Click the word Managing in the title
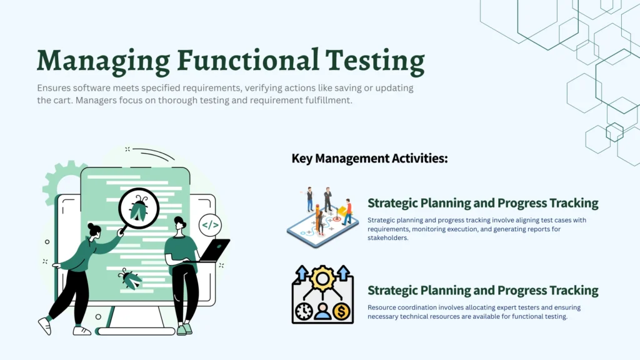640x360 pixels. coord(103,62)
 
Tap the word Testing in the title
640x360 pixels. coord(375,62)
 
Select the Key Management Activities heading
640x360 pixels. coord(369,158)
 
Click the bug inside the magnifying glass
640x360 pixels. coord(139,208)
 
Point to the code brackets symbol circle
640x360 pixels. coord(210,225)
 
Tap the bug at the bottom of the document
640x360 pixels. coord(130,279)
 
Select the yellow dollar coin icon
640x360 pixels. coord(341,312)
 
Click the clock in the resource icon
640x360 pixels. coord(304,312)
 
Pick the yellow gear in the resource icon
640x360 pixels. coord(322,278)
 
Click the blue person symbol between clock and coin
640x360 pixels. coord(322,312)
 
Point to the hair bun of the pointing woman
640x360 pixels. coord(91,226)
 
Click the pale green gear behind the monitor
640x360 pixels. coord(61,179)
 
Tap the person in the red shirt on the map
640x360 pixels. coord(347,212)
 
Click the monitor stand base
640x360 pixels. coord(136,331)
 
